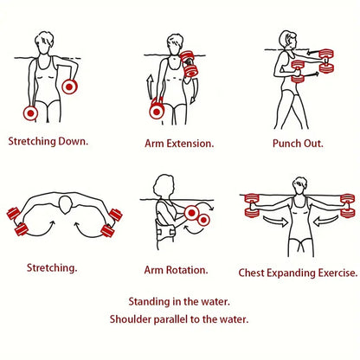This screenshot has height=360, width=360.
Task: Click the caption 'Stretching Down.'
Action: (48, 141)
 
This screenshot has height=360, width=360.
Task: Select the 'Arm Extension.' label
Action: (179, 144)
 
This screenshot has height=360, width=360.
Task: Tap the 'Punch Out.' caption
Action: (298, 144)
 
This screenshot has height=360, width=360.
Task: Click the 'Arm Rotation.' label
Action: (176, 270)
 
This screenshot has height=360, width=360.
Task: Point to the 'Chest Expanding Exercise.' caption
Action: (298, 273)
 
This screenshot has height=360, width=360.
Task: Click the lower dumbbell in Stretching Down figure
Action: (30, 112)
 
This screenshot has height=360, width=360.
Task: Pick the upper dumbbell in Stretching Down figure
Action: (69, 87)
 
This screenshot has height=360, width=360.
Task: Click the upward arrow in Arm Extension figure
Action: (150, 87)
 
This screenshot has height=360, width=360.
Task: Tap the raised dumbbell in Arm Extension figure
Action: (189, 64)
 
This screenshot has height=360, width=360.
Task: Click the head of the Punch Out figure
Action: (288, 40)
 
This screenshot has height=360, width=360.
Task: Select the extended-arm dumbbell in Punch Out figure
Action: (326, 61)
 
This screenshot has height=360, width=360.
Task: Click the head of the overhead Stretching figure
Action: (66, 204)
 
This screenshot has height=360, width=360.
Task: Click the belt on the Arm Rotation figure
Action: (165, 232)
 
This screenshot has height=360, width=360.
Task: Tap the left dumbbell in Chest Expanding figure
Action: (252, 205)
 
